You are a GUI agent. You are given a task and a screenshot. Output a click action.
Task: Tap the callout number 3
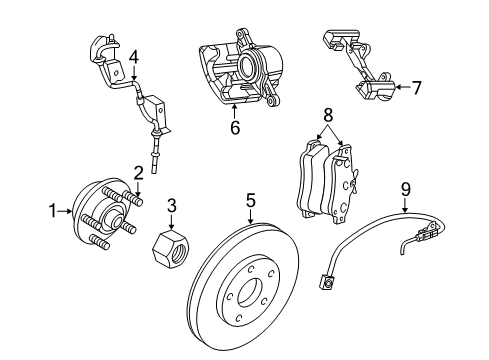click(x=172, y=206)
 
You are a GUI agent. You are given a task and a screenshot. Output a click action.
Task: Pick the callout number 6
click(x=234, y=127)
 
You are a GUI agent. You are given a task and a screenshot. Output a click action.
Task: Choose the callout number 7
click(x=417, y=87)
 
